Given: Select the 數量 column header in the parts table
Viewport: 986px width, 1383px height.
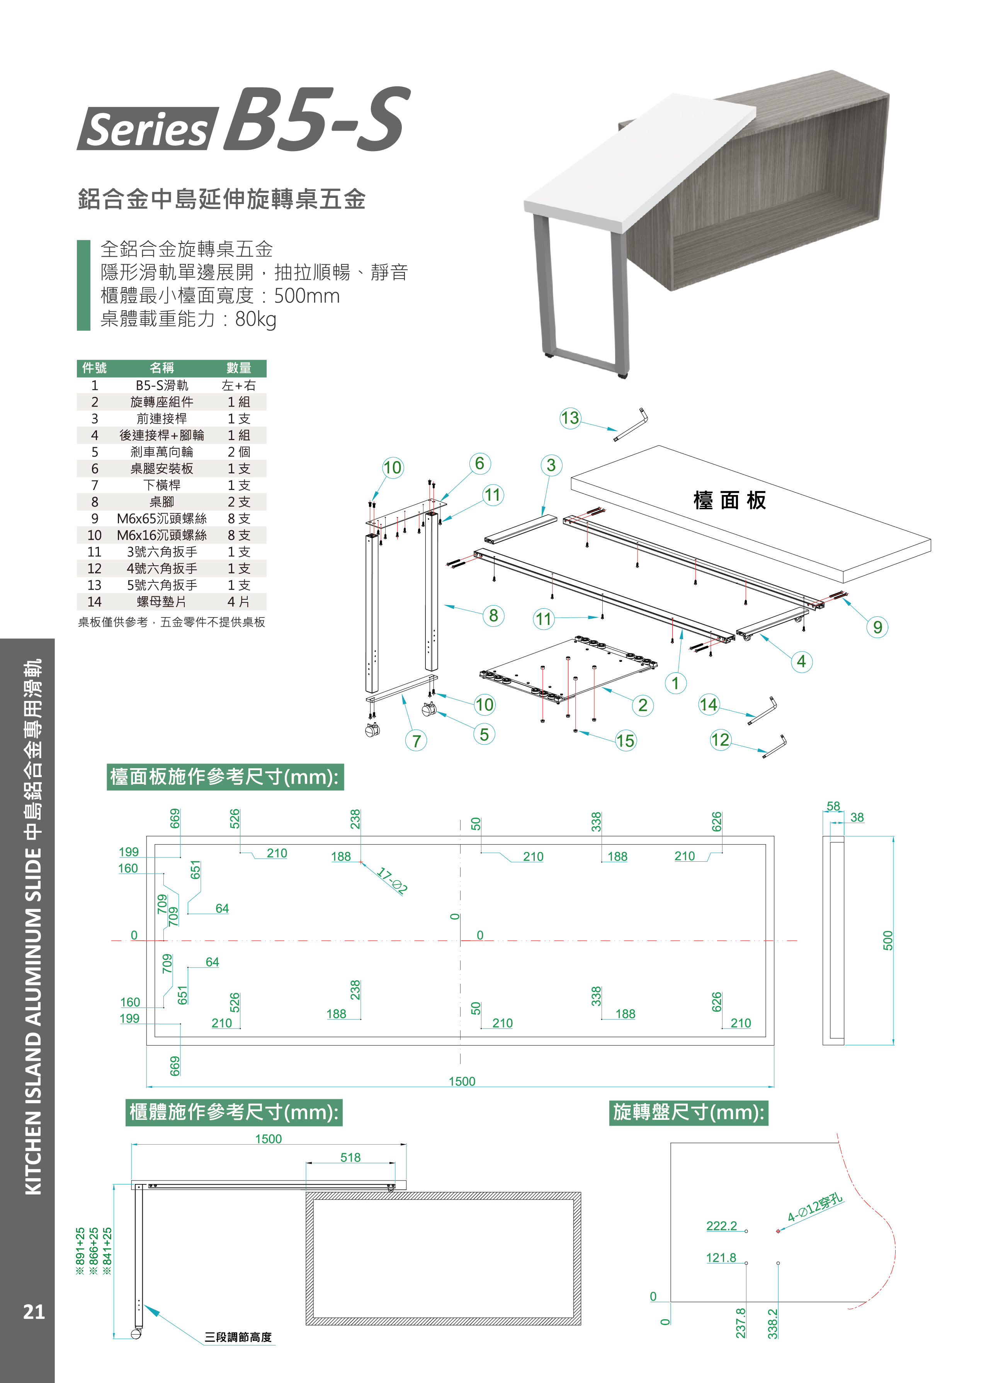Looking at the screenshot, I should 239,368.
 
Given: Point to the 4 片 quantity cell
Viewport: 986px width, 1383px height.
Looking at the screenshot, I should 239,602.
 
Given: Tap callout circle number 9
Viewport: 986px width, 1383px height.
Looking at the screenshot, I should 877,627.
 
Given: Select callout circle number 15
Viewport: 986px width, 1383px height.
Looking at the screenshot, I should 626,741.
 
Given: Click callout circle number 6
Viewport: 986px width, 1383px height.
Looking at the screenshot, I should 479,464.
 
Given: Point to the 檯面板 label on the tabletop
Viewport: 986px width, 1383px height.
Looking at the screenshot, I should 730,501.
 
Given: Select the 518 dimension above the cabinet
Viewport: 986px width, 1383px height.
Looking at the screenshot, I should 350,1158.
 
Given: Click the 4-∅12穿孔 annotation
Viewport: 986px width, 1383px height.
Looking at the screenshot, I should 815,1209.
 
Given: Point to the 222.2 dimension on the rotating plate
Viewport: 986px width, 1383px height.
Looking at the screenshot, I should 721,1226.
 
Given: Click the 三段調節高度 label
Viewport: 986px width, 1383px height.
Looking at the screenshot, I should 238,1337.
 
